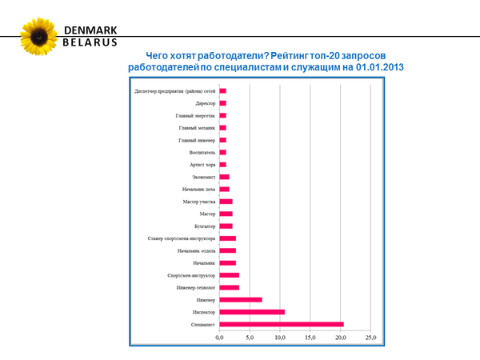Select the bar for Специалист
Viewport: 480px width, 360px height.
click(282, 324)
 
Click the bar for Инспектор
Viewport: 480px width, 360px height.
click(252, 312)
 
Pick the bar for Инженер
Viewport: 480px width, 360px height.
click(241, 300)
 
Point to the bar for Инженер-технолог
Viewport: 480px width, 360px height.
click(230, 287)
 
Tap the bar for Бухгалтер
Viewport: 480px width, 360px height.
click(226, 226)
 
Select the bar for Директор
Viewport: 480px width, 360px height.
click(223, 103)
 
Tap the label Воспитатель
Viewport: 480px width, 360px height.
click(200, 152)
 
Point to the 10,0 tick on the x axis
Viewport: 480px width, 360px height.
click(280, 338)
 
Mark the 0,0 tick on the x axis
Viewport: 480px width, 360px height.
click(220, 338)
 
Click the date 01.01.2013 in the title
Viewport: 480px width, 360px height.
click(379, 70)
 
